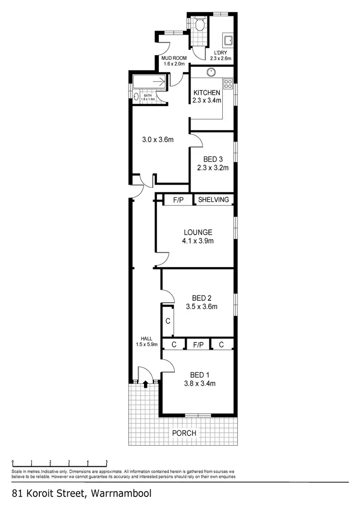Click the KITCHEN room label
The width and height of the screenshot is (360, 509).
pos(207,93)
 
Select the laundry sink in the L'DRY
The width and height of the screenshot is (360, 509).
pos(227,40)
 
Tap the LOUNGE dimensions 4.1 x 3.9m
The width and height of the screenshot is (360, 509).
pos(197,241)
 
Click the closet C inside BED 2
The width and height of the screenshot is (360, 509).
pos(168,321)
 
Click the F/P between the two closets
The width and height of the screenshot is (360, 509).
pos(197,344)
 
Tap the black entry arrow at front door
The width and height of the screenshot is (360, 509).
pos(146,383)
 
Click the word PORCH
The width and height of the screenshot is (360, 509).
pos(184,433)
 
